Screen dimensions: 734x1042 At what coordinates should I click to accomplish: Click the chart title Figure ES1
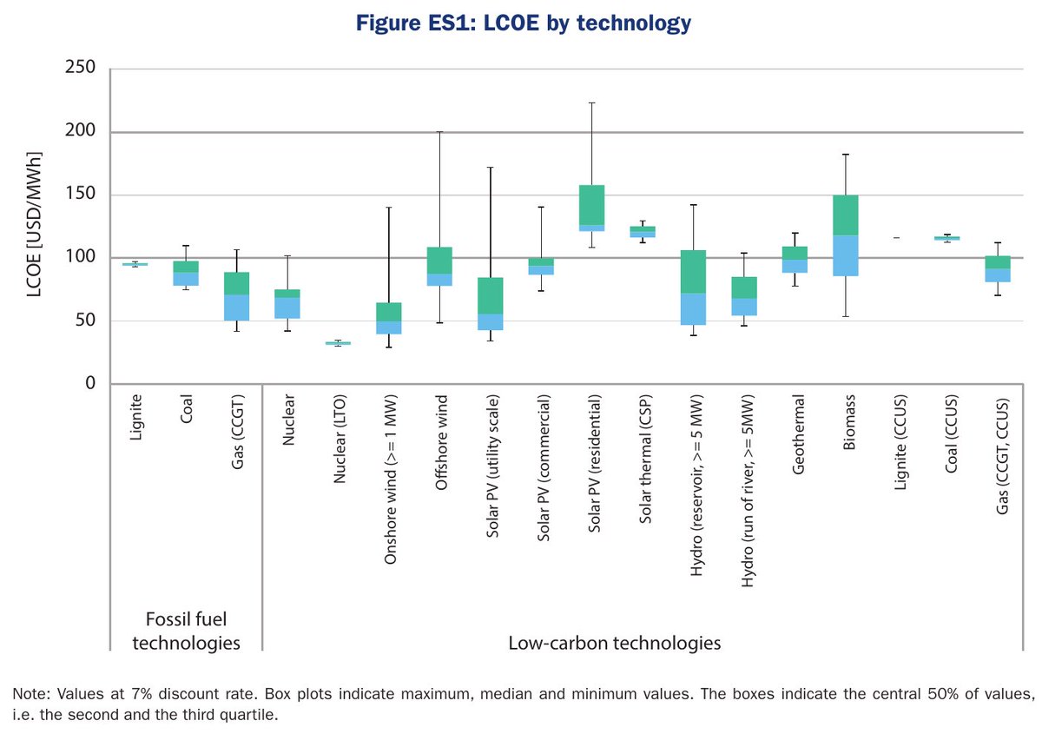click(x=520, y=23)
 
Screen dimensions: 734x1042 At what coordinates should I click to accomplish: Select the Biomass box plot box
click(x=847, y=235)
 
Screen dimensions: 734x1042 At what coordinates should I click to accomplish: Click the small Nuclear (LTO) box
click(x=338, y=343)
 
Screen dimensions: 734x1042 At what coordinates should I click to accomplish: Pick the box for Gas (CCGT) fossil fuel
click(x=236, y=296)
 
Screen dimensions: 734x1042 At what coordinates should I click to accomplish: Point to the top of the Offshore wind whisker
click(x=439, y=132)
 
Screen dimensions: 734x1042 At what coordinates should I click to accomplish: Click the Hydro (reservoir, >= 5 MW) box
click(x=694, y=288)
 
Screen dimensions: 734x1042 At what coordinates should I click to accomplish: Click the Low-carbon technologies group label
click(x=615, y=644)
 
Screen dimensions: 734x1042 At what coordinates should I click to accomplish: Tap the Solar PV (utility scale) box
click(x=491, y=304)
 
